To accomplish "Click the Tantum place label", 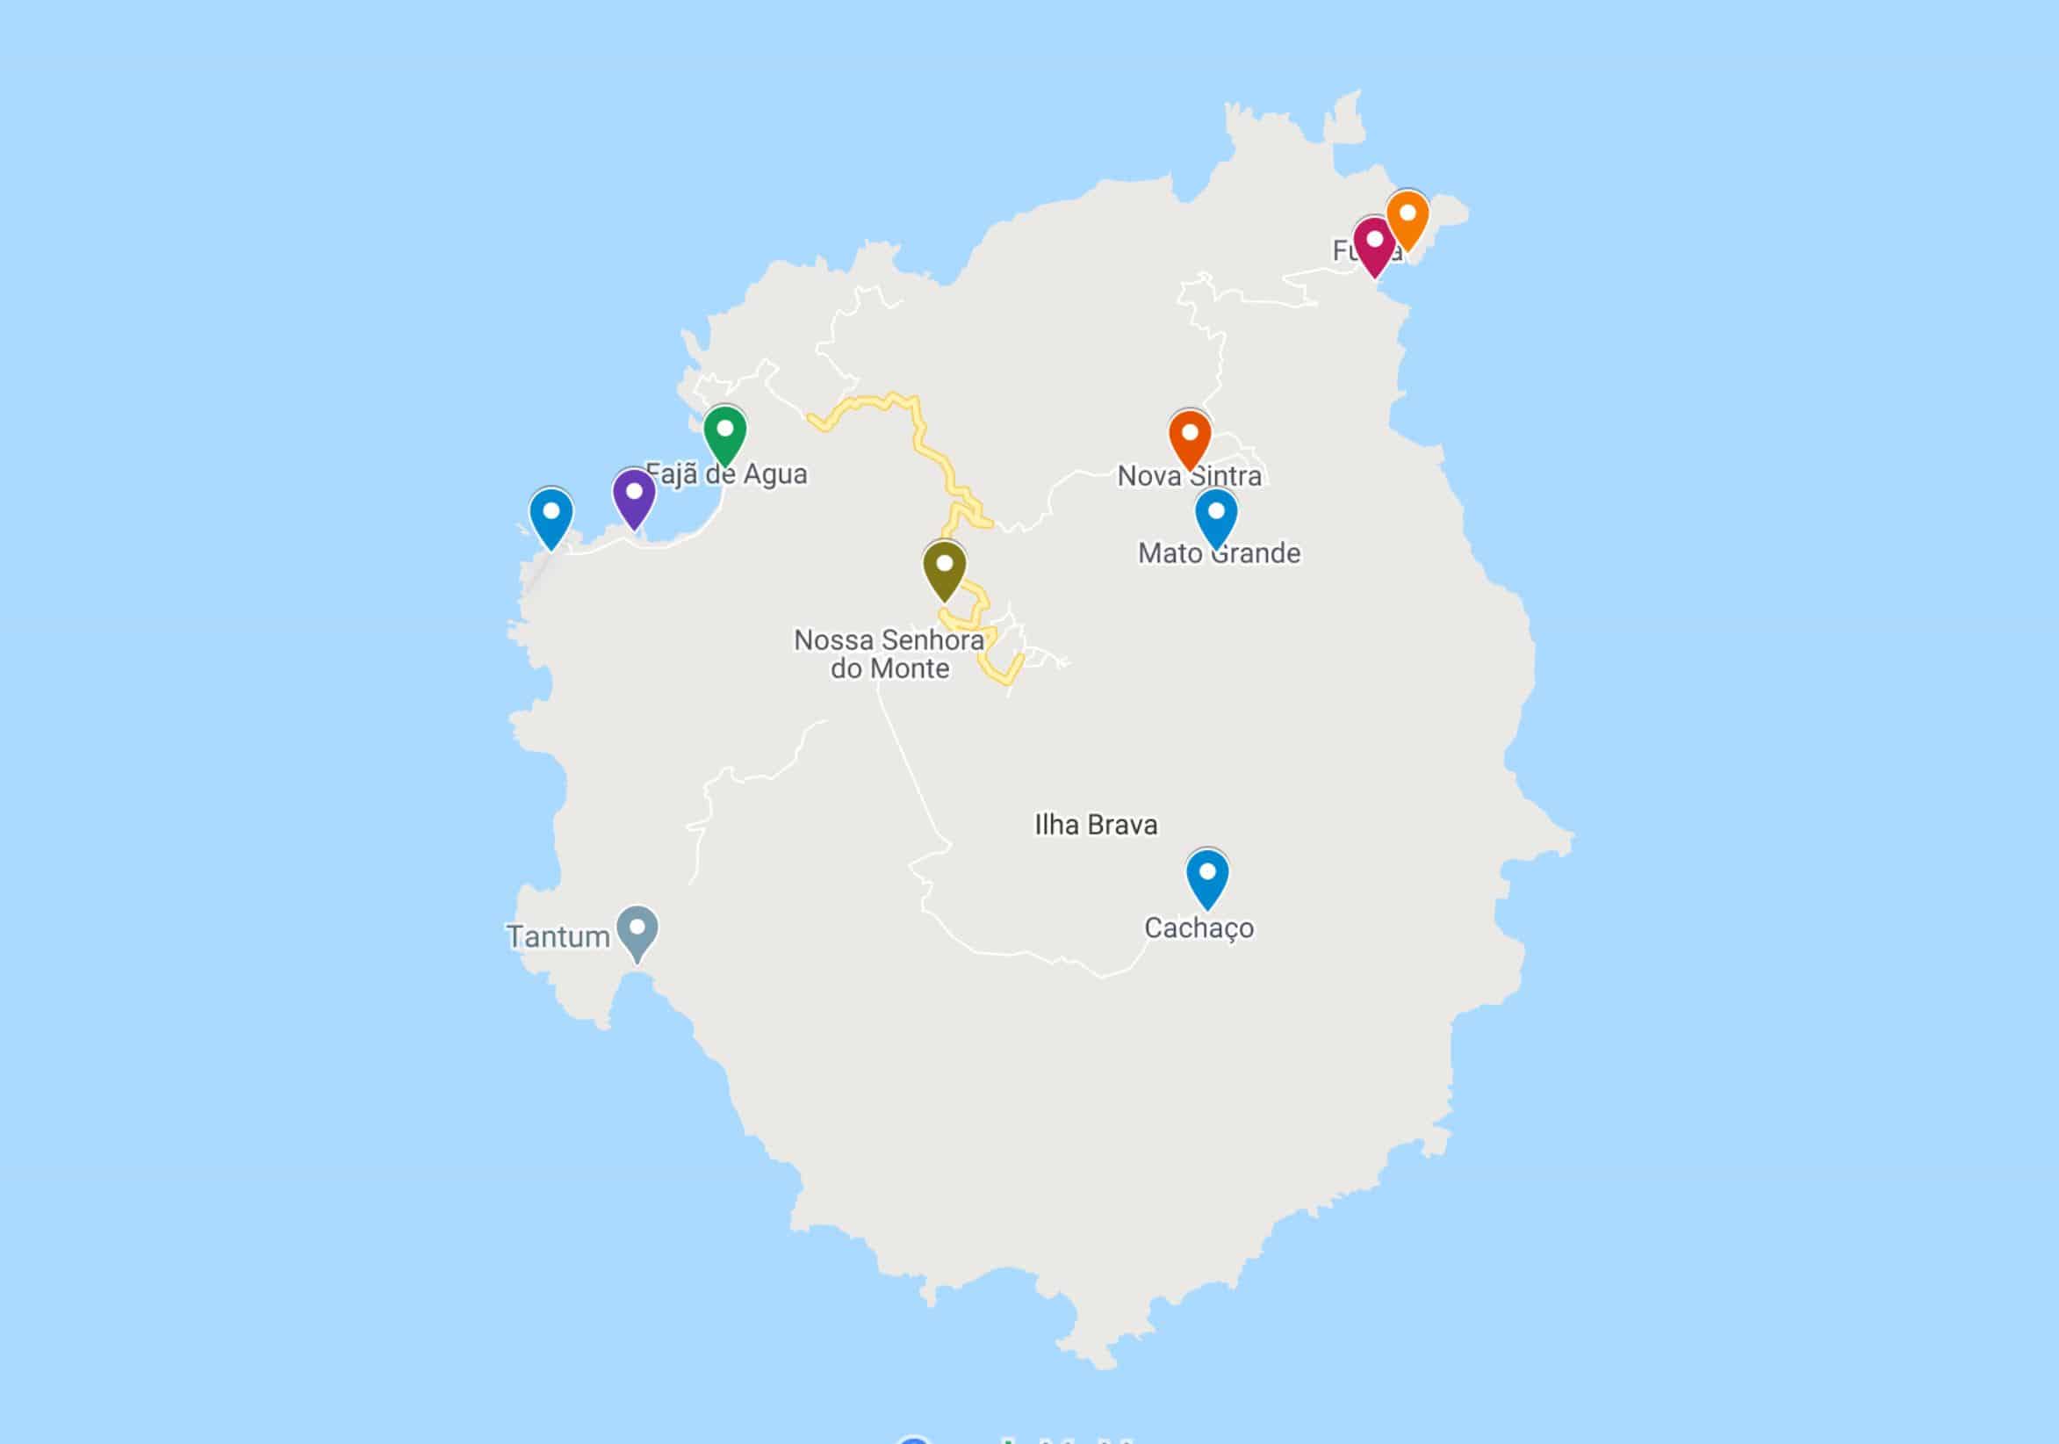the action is coord(558,936).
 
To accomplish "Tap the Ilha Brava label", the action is coord(1096,824).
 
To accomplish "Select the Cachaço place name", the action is coord(1199,928).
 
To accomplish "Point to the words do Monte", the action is coord(889,668).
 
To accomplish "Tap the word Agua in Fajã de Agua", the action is coord(774,473).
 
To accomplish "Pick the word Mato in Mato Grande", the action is coord(1170,552).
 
